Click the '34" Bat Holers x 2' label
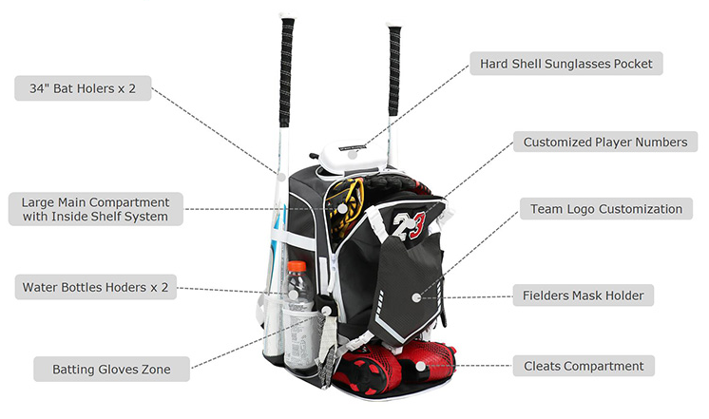tap(84, 89)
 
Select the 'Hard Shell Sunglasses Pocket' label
tap(565, 65)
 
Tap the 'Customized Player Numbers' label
tap(605, 143)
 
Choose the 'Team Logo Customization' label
tap(605, 209)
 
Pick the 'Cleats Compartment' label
tap(584, 366)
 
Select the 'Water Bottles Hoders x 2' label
tap(95, 287)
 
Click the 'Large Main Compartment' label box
tap(94, 209)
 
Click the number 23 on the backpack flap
tap(412, 226)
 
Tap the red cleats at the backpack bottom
tap(399, 365)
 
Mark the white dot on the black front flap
tap(416, 297)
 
